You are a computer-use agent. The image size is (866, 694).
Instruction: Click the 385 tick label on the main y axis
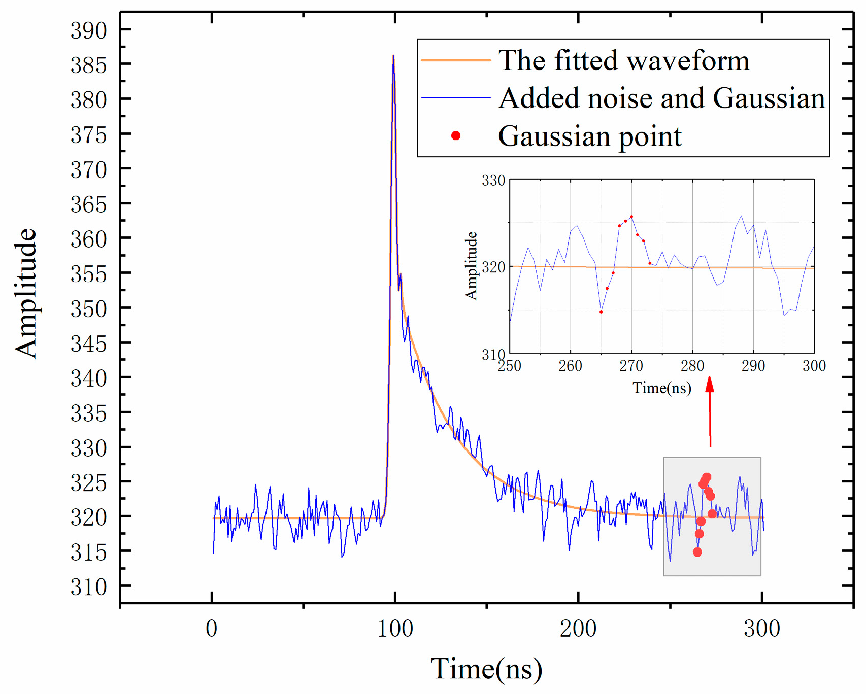[x=89, y=65]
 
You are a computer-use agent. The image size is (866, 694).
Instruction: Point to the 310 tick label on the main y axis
[x=89, y=587]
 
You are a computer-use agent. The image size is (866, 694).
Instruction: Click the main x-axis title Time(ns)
[x=486, y=669]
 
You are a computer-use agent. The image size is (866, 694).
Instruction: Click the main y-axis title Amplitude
[x=26, y=293]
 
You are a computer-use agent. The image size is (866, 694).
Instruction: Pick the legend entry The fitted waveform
[x=623, y=60]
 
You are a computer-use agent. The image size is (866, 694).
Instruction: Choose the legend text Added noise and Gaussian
[x=661, y=98]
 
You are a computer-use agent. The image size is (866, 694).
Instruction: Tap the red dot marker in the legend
[x=456, y=135]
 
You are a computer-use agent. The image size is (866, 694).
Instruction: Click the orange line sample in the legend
[x=456, y=60]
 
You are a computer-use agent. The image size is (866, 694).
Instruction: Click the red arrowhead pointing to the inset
[x=710, y=384]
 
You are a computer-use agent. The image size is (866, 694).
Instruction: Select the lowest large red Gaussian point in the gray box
[x=697, y=552]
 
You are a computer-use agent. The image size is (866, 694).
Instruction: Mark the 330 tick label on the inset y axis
[x=493, y=181]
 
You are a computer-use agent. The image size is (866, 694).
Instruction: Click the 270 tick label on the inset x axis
[x=631, y=366]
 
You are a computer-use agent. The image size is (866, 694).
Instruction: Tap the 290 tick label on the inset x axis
[x=753, y=366]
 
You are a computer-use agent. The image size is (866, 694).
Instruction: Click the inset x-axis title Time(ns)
[x=661, y=388]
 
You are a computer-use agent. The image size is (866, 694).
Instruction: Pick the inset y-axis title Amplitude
[x=472, y=266]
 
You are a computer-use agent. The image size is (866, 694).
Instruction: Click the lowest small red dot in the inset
[x=601, y=312]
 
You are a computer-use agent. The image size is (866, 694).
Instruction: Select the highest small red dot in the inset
[x=631, y=217]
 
